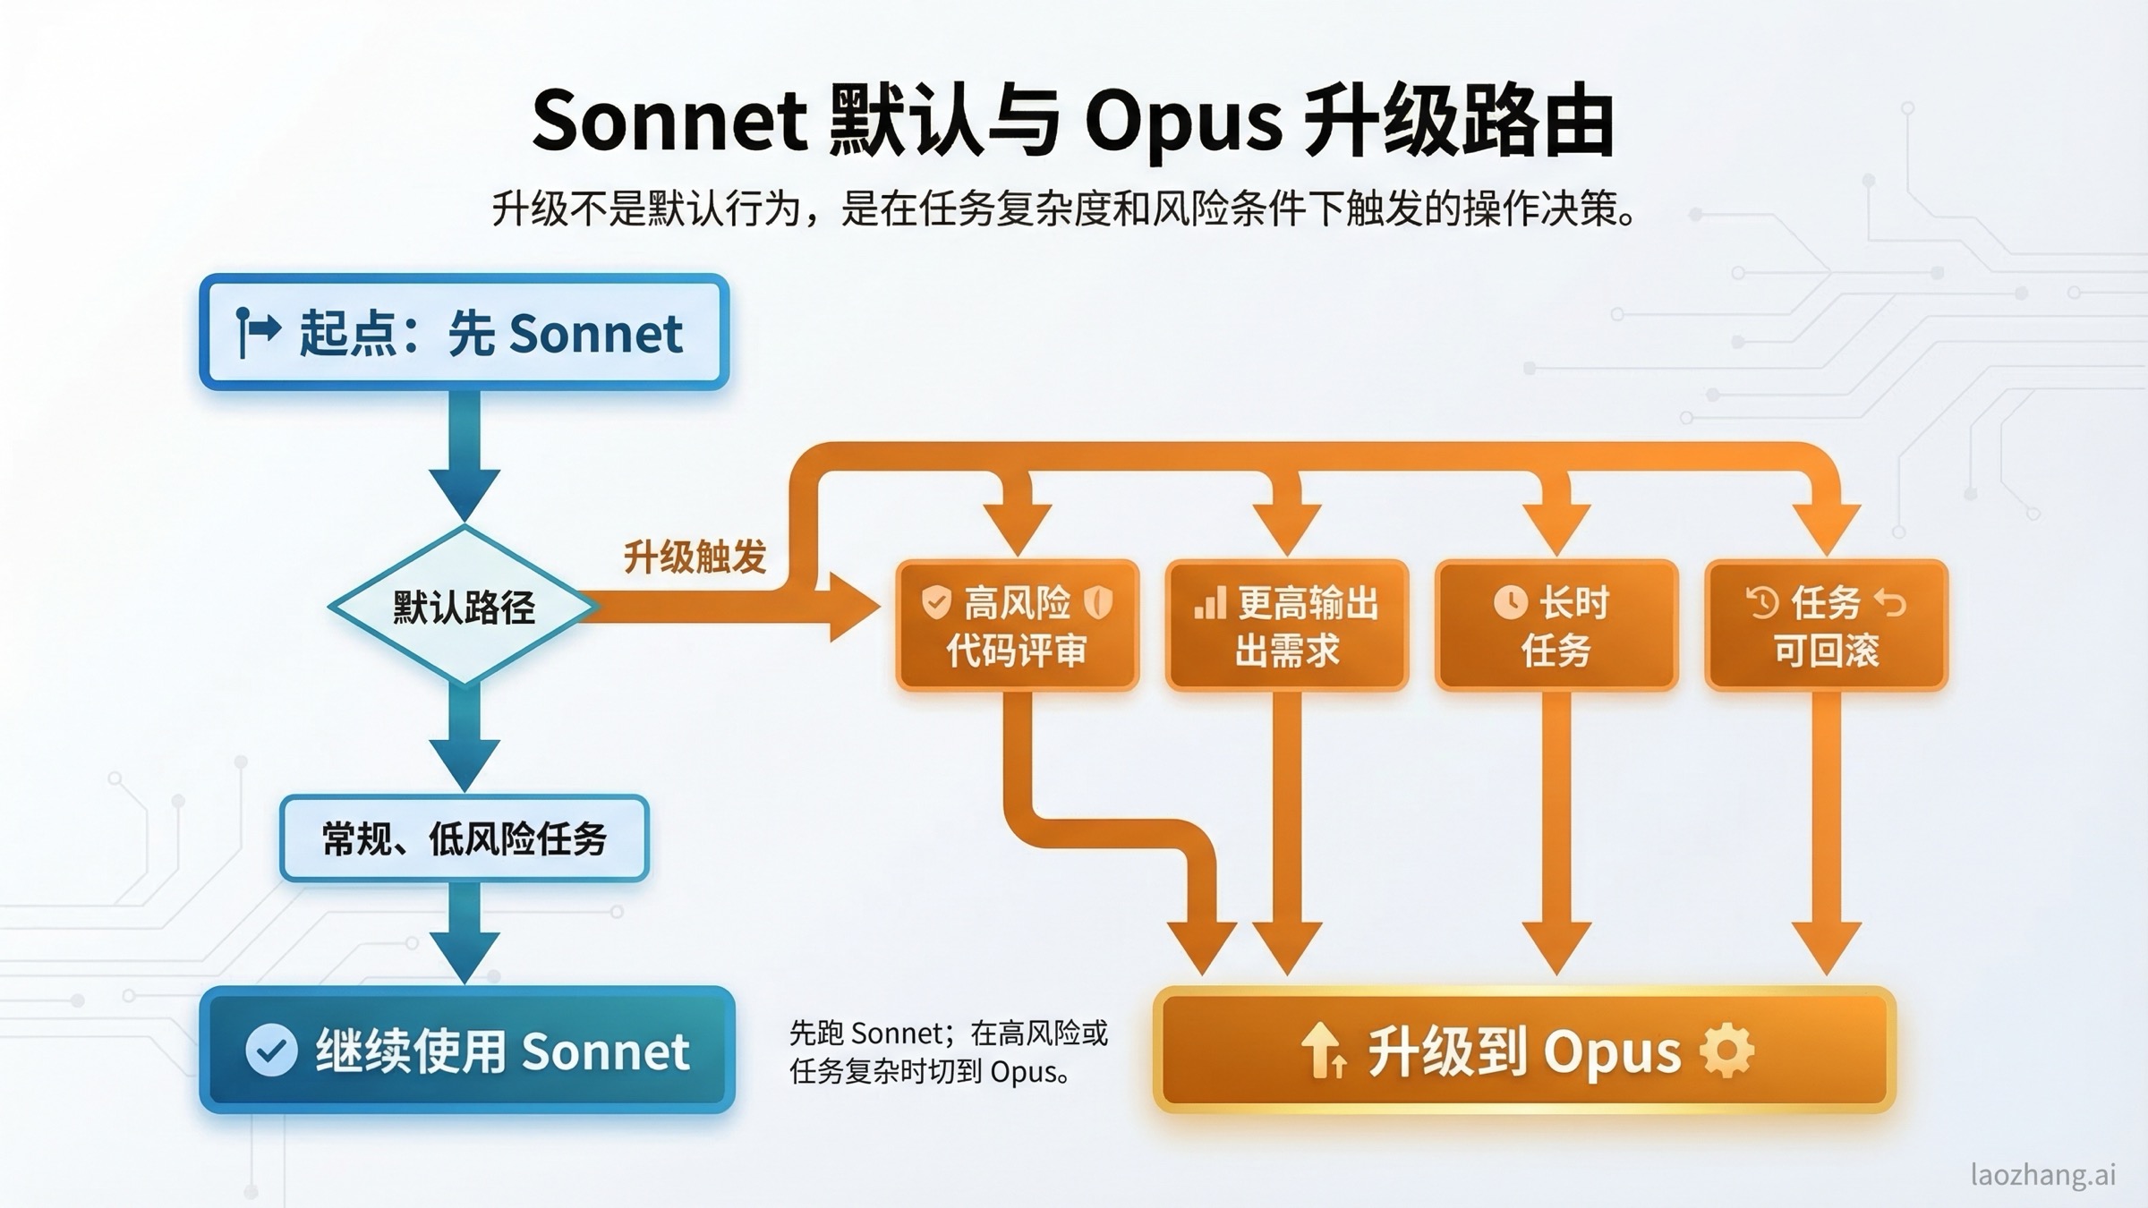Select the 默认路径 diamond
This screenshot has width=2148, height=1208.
[464, 608]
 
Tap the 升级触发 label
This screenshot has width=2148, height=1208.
[695, 557]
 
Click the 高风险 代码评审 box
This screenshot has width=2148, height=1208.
[1018, 625]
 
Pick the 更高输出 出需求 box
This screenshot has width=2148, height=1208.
[1287, 625]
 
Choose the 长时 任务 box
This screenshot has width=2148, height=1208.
[1556, 625]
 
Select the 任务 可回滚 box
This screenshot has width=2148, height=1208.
[1826, 625]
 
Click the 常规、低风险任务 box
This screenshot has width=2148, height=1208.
[464, 838]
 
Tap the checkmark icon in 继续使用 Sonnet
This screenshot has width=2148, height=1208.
[271, 1051]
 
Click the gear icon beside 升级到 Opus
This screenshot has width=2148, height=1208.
[1726, 1051]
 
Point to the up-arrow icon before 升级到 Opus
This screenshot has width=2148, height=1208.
[1323, 1051]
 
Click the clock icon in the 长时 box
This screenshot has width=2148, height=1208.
[1510, 602]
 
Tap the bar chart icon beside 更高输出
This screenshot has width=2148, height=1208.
[1209, 603]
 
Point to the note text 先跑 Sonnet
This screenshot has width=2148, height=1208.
[948, 1051]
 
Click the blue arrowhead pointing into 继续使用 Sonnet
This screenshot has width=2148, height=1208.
[464, 956]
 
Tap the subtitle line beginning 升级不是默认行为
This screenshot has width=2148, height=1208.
[1063, 209]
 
